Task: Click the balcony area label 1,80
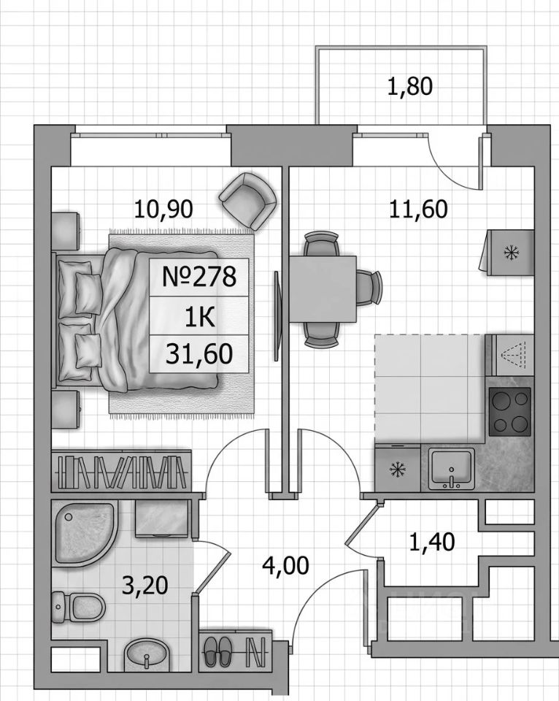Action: (409, 86)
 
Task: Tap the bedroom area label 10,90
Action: (163, 209)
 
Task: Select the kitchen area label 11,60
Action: (418, 209)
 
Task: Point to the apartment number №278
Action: (198, 277)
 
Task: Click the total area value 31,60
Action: (198, 353)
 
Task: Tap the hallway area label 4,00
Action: (285, 565)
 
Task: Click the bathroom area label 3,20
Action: (144, 585)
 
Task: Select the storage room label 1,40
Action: (432, 542)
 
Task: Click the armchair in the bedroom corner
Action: (248, 199)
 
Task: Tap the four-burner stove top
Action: (510, 412)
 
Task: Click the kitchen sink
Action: (451, 469)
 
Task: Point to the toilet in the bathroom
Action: (78, 607)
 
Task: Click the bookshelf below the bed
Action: (122, 471)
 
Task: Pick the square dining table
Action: (323, 289)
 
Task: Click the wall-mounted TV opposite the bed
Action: (277, 315)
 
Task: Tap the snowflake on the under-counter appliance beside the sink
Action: (396, 470)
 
